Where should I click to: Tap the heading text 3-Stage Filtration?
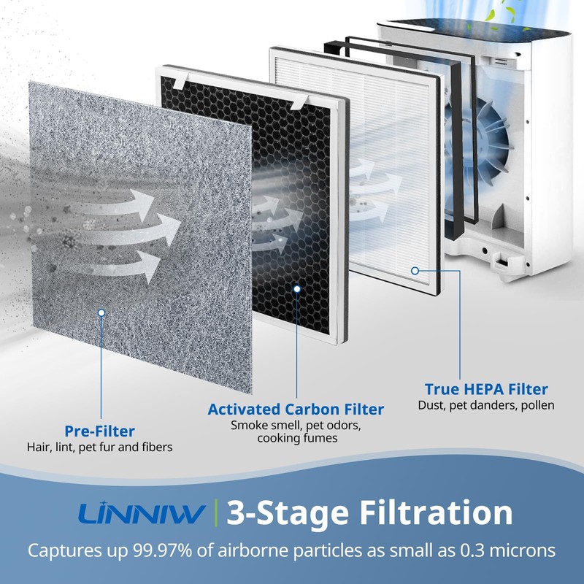point(369,513)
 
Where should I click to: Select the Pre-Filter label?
point(99,431)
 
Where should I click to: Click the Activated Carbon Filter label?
point(296,409)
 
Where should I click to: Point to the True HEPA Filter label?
point(486,389)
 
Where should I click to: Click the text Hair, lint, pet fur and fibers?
point(99,447)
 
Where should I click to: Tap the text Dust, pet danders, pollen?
point(486,405)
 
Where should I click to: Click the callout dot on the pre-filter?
point(101,312)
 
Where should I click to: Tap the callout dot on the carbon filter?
point(296,289)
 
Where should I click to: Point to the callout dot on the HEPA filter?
point(415,270)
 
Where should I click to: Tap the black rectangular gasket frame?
point(458,146)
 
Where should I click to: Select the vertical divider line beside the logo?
point(217,514)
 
